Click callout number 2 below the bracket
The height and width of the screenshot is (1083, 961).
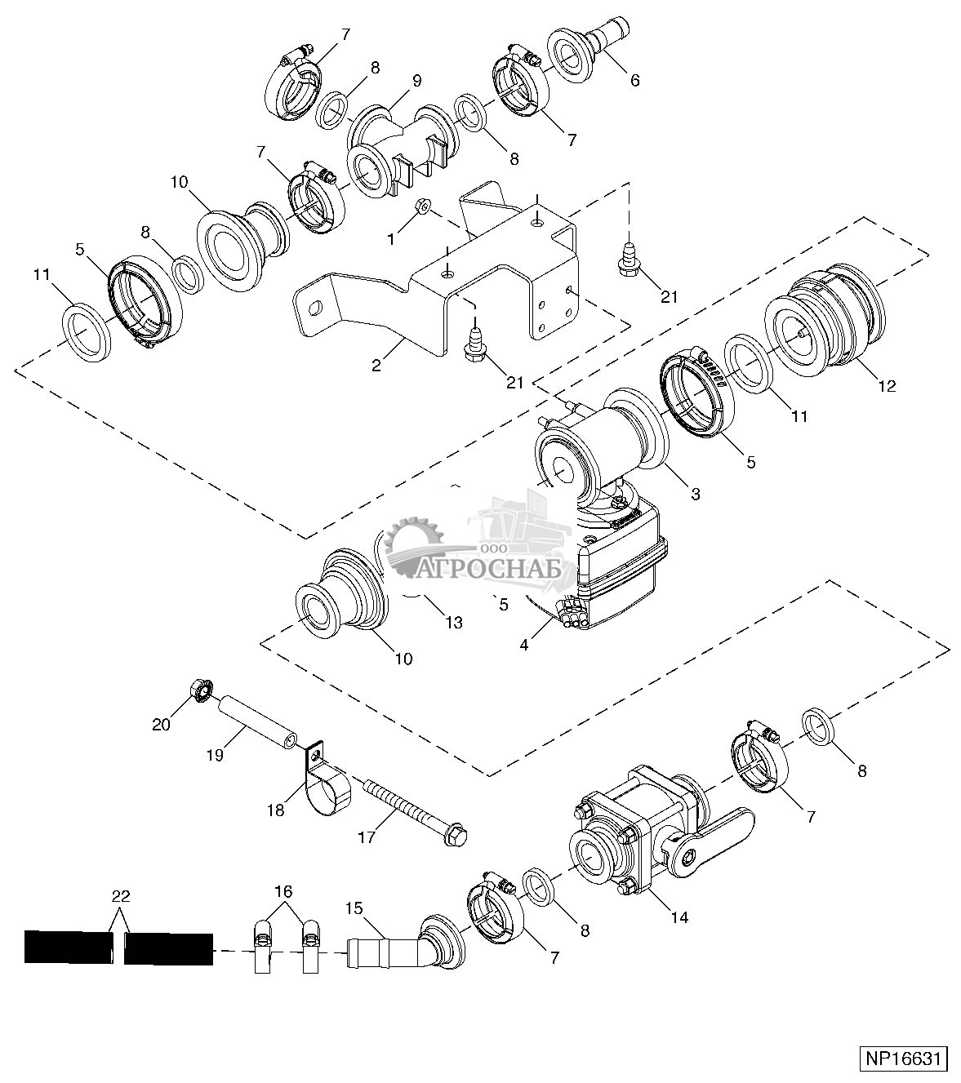click(x=376, y=366)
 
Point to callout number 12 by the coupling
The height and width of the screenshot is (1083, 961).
click(x=888, y=385)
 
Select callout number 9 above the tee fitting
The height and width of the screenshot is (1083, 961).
click(x=416, y=81)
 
